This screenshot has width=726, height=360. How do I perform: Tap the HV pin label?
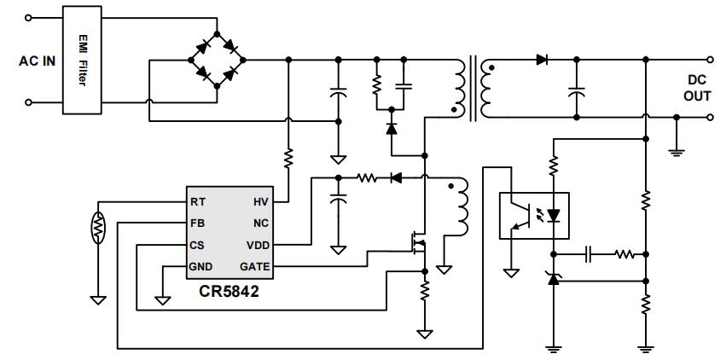click(261, 202)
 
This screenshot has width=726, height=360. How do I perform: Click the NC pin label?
click(261, 224)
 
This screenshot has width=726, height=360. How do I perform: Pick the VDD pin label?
click(258, 245)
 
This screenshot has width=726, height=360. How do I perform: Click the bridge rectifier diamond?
click(217, 61)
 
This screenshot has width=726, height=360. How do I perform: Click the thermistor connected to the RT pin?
click(98, 228)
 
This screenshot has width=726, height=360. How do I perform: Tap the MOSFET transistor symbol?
click(417, 246)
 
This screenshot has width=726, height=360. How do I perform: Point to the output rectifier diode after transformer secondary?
click(542, 60)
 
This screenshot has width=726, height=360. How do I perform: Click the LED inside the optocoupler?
click(553, 214)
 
